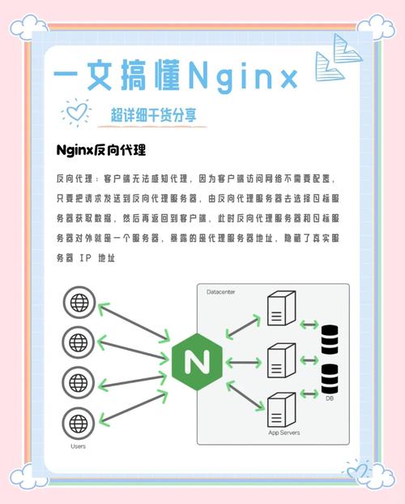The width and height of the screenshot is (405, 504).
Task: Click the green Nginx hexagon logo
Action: pyautogui.click(x=197, y=362)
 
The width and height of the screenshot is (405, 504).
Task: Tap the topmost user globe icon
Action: pyautogui.click(x=79, y=303)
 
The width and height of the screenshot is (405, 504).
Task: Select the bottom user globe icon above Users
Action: pyautogui.click(x=79, y=424)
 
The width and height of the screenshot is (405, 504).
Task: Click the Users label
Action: pyautogui.click(x=78, y=446)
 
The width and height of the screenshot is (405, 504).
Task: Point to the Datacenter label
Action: pyautogui.click(x=221, y=292)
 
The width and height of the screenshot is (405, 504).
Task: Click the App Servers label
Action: pyautogui.click(x=284, y=433)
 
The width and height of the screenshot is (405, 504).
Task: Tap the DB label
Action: pyautogui.click(x=330, y=398)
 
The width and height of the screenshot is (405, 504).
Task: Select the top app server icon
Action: pyautogui.click(x=281, y=308)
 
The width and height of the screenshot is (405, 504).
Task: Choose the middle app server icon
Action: pyautogui.click(x=281, y=360)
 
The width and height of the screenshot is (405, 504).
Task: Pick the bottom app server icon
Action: pyautogui.click(x=281, y=410)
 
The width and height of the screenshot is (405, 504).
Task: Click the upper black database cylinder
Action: pyautogui.click(x=330, y=339)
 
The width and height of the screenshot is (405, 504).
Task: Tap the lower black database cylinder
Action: pyautogui.click(x=330, y=379)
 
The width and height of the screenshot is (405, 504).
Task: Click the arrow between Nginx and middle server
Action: pyautogui.click(x=244, y=363)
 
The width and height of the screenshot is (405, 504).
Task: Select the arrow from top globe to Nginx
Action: pyautogui.click(x=134, y=321)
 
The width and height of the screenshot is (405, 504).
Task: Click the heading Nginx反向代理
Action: pyautogui.click(x=101, y=150)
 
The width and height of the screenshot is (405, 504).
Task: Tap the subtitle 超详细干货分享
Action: pyautogui.click(x=153, y=114)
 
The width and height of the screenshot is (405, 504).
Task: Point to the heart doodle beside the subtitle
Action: pyautogui.click(x=76, y=112)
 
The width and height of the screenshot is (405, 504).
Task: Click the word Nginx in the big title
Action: pyautogui.click(x=243, y=76)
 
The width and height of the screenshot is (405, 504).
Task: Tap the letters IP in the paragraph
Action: pyautogui.click(x=86, y=258)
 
